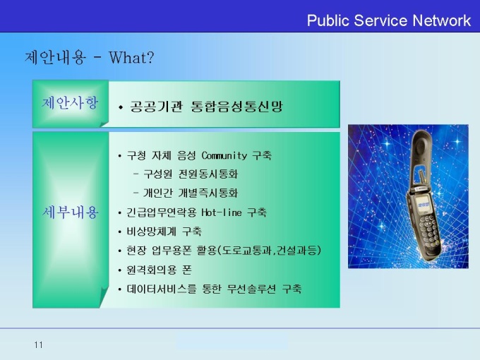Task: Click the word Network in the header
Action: click(x=441, y=20)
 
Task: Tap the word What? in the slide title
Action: click(x=131, y=57)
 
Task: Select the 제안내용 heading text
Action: click(x=55, y=57)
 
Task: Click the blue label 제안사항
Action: click(x=70, y=102)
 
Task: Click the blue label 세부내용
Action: click(x=70, y=212)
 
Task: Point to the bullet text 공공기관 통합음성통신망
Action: click(x=206, y=106)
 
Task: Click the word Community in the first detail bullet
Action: click(x=224, y=155)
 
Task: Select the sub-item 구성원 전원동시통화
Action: click(x=191, y=174)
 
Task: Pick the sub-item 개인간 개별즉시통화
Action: click(x=191, y=193)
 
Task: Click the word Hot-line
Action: click(x=222, y=212)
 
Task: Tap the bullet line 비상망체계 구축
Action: click(x=164, y=231)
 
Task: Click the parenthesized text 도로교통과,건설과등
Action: click(x=268, y=251)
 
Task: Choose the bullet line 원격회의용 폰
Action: click(x=160, y=270)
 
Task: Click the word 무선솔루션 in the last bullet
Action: click(x=251, y=289)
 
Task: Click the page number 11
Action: click(x=39, y=345)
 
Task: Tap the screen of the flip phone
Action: click(x=423, y=203)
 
